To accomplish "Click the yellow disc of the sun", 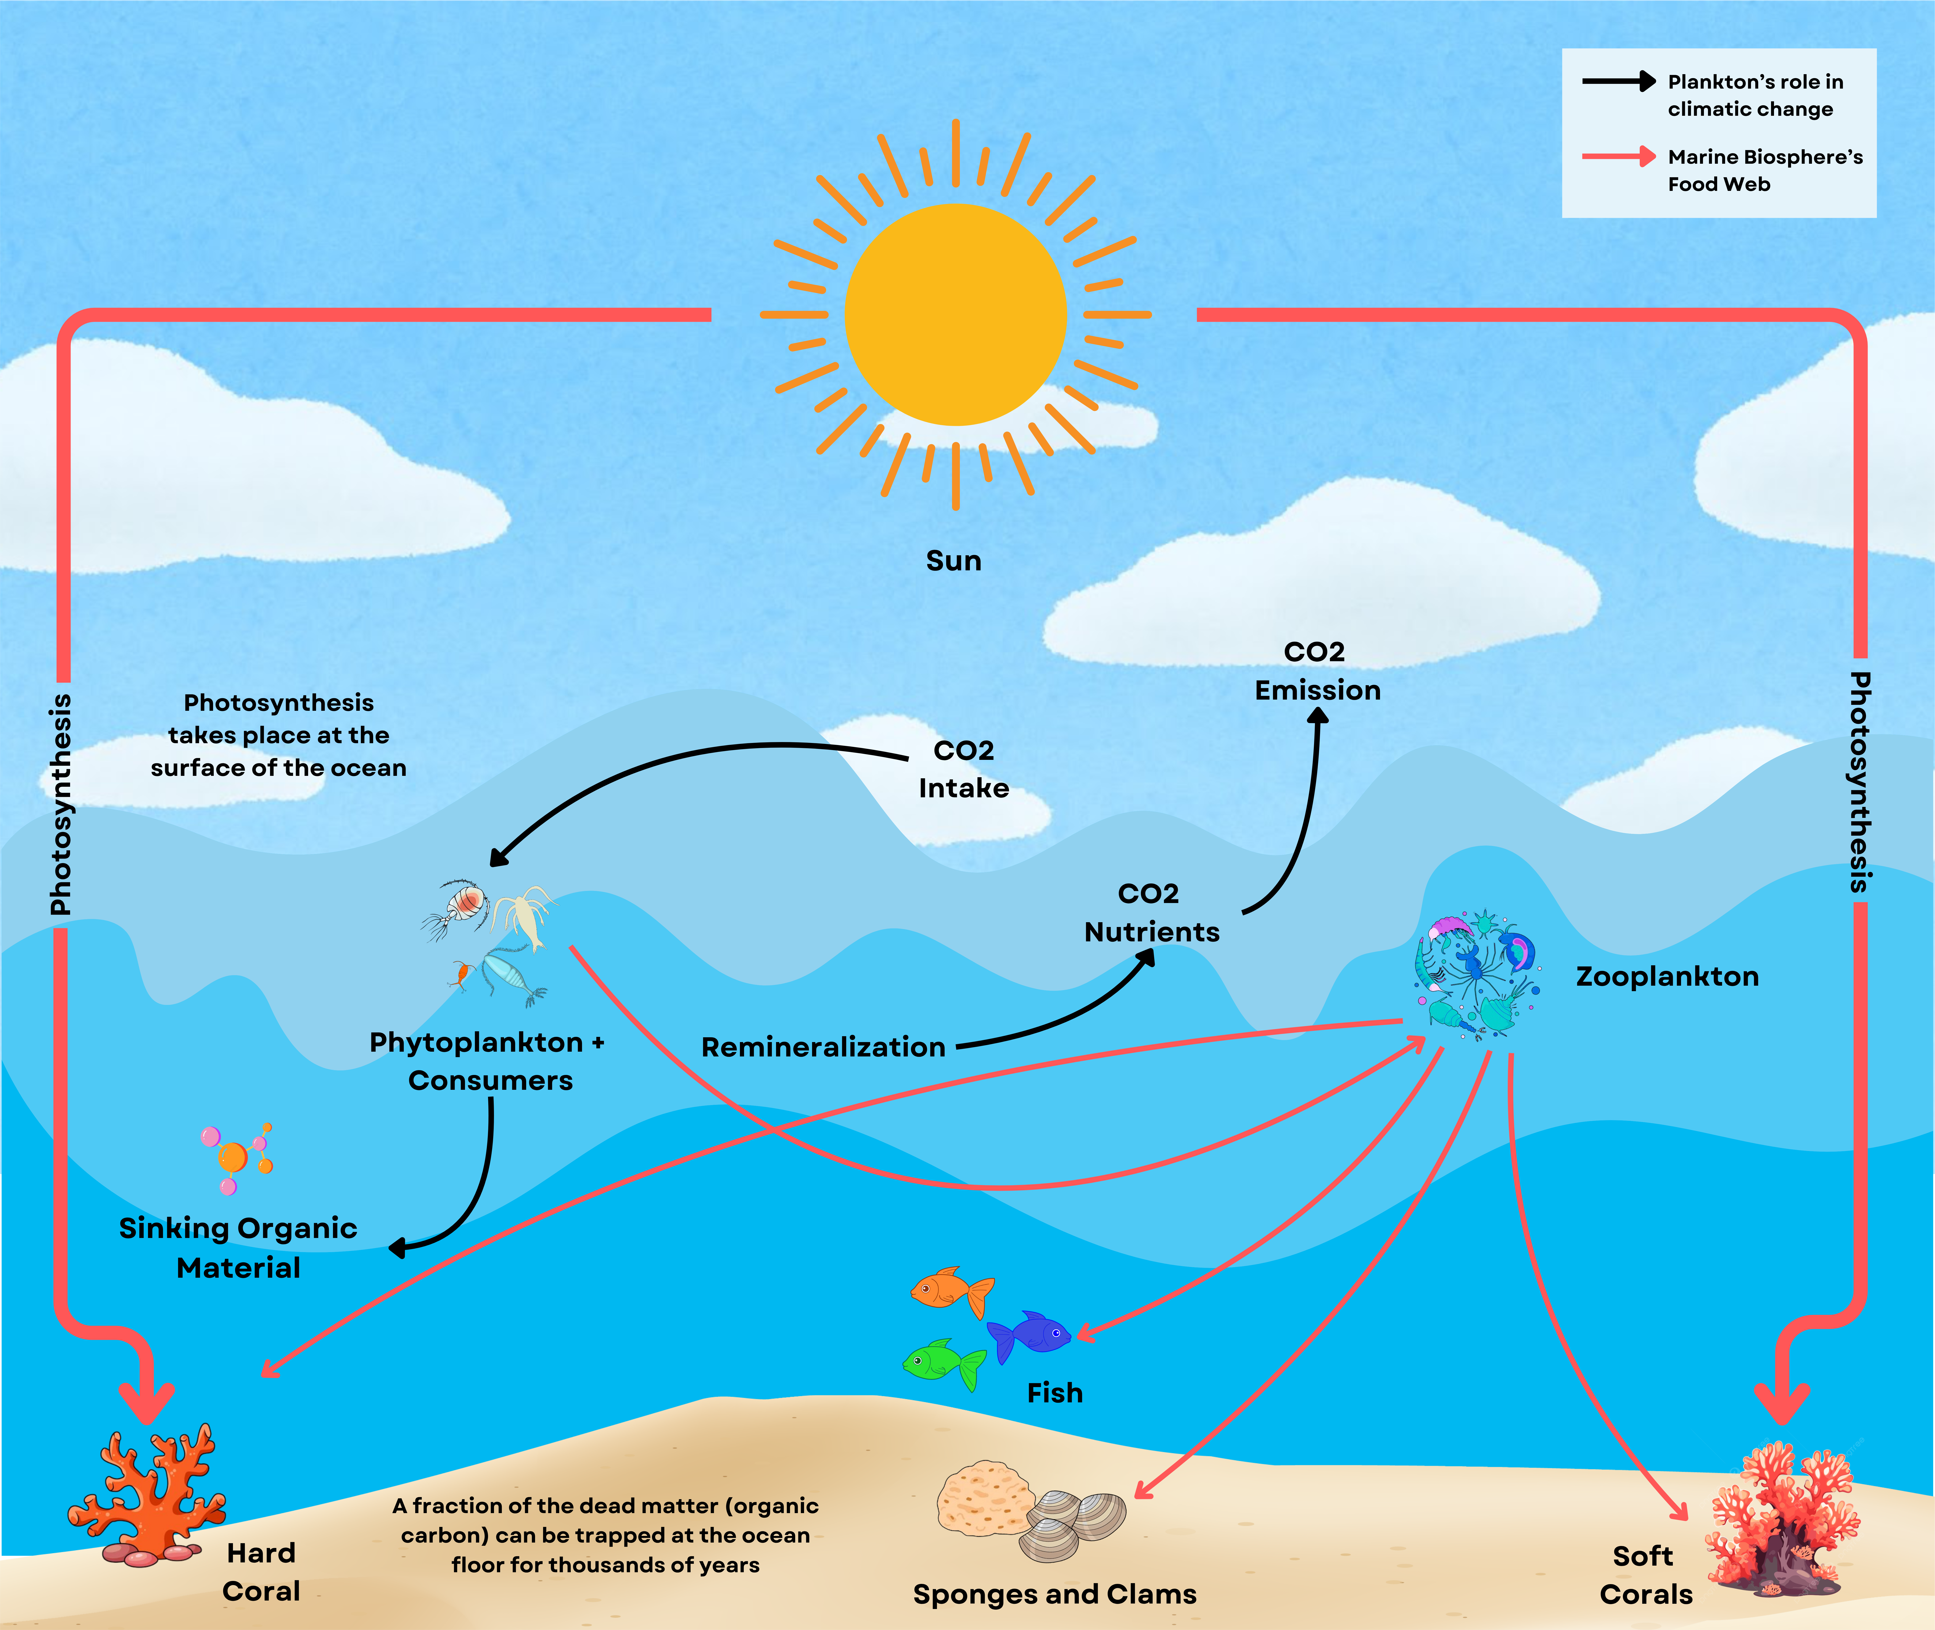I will pyautogui.click(x=956, y=314).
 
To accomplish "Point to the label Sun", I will pyautogui.click(x=954, y=561).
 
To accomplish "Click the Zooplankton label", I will pyautogui.click(x=1667, y=977).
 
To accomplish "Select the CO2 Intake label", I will pyautogui.click(x=964, y=769).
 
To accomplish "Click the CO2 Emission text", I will pyautogui.click(x=1317, y=671).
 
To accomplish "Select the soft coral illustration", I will pyautogui.click(x=1779, y=1515).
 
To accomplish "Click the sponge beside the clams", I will pyautogui.click(x=984, y=1497).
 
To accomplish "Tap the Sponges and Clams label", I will pyautogui.click(x=1054, y=1595).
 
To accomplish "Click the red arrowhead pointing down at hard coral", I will pyautogui.click(x=146, y=1400).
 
